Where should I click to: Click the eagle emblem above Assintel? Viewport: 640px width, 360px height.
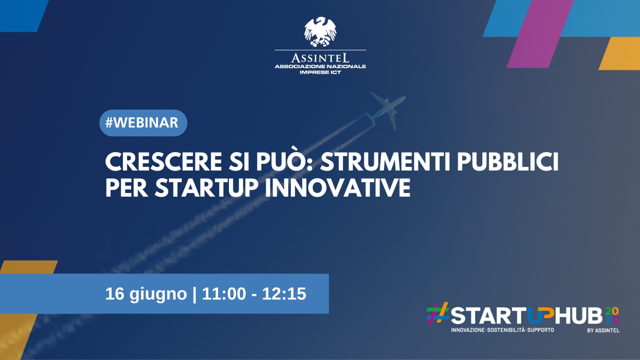(x=321, y=32)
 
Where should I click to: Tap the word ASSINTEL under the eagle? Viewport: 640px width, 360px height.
(x=321, y=58)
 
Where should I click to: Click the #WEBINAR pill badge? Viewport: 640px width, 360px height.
(x=143, y=123)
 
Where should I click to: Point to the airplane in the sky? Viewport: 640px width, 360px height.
(x=386, y=111)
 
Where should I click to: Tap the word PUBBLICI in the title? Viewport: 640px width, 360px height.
(x=508, y=162)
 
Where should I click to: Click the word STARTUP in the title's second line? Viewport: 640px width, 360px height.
(x=206, y=188)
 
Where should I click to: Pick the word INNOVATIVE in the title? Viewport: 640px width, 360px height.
(x=338, y=188)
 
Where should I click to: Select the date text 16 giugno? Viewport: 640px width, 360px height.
(x=146, y=294)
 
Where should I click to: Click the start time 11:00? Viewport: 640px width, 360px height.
(x=224, y=294)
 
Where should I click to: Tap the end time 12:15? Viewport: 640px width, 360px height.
(x=284, y=294)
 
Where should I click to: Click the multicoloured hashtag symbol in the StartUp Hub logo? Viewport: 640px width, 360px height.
(x=438, y=314)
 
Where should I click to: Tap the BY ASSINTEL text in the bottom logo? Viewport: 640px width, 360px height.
(x=603, y=331)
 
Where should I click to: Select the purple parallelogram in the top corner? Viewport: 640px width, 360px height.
(x=540, y=34)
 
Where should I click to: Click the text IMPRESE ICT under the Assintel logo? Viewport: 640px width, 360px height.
(x=321, y=72)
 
